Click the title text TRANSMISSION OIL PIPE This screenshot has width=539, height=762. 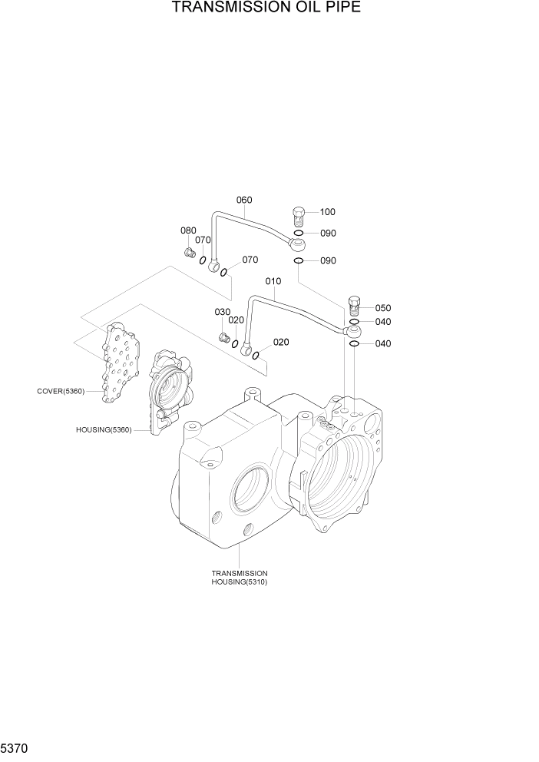(266, 8)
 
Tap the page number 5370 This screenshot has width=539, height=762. (16, 747)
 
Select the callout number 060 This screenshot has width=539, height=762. (243, 200)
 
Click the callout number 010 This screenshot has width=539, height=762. (273, 281)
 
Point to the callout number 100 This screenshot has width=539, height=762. (328, 212)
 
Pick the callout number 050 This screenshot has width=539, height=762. (382, 308)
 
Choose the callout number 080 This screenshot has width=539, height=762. (188, 230)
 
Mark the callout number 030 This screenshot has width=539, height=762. (222, 312)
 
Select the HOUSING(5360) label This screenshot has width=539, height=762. (104, 430)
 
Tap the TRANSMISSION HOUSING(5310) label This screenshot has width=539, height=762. (240, 578)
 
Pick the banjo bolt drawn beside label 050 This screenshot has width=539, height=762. (354, 305)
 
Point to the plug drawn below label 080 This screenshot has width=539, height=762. (188, 252)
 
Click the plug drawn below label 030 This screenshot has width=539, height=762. (223, 337)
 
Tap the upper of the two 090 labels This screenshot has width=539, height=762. (328, 234)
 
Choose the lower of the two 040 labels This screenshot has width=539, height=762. (382, 344)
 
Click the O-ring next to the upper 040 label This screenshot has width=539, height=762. (354, 322)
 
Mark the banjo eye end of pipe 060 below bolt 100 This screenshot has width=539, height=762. (297, 244)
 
